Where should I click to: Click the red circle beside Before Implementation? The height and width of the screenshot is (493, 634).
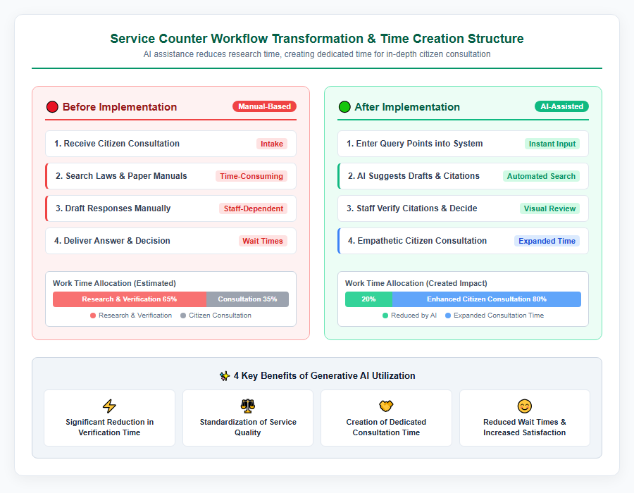(x=52, y=106)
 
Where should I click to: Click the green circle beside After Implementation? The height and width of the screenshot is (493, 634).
(x=344, y=106)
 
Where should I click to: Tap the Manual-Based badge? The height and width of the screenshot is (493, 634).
(x=264, y=106)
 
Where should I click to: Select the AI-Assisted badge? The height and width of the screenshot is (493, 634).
(x=561, y=106)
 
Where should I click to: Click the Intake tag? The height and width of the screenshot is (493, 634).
(x=272, y=144)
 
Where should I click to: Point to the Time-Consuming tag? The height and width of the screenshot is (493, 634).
(x=251, y=176)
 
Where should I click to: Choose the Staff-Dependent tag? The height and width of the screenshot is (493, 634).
(x=254, y=208)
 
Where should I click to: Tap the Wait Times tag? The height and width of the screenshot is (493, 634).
(x=263, y=241)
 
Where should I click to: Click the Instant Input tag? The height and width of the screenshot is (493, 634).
(x=552, y=144)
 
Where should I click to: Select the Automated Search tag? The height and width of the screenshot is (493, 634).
(x=541, y=176)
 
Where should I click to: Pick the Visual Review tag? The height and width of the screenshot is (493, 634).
(x=549, y=208)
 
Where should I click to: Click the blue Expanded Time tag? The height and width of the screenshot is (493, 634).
(x=547, y=241)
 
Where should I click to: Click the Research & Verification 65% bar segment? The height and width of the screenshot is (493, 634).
(x=130, y=299)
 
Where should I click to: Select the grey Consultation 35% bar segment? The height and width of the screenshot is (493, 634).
(x=247, y=299)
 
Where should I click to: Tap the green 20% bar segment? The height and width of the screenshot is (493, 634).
(x=368, y=299)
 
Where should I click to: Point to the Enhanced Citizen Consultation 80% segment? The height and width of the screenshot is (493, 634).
(x=486, y=299)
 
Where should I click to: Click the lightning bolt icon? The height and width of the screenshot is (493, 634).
(x=109, y=406)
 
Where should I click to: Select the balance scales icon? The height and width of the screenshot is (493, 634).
(x=248, y=406)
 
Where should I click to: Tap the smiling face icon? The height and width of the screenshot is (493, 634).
(x=524, y=406)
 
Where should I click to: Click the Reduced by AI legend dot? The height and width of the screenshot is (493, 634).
(x=385, y=316)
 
